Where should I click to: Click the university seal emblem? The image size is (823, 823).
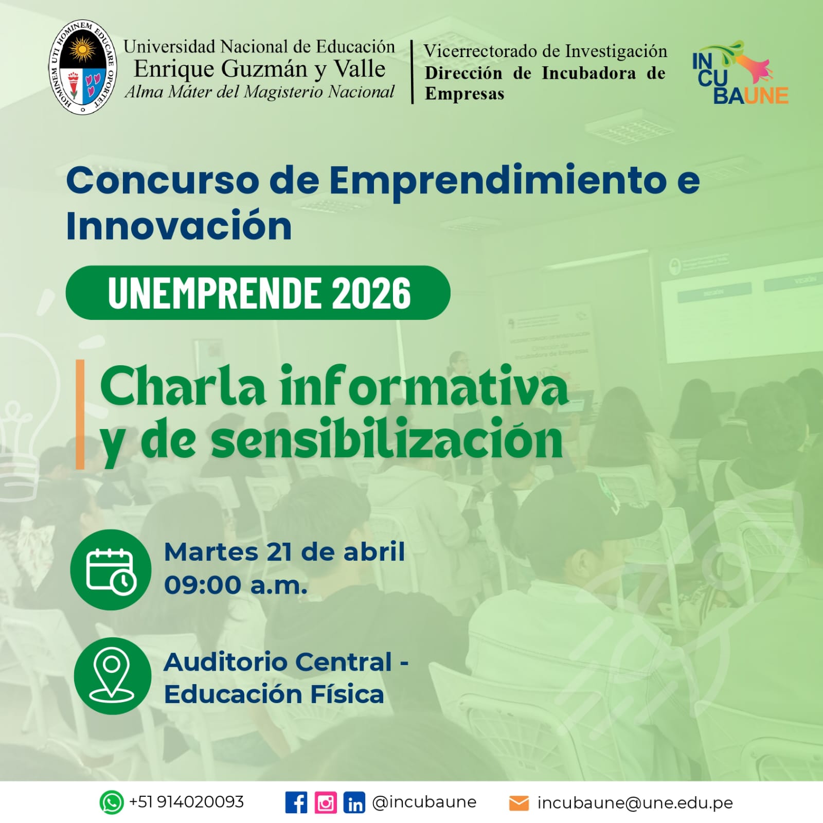pyautogui.click(x=83, y=67)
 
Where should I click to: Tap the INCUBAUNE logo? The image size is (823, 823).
pyautogui.click(x=740, y=73)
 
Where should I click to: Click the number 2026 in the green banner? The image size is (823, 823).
pyautogui.click(x=371, y=293)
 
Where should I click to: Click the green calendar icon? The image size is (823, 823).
pyautogui.click(x=111, y=570)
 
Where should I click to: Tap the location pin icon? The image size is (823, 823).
pyautogui.click(x=112, y=676)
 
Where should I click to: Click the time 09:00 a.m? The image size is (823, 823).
pyautogui.click(x=236, y=585)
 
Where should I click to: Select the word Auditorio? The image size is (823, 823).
pyautogui.click(x=226, y=662)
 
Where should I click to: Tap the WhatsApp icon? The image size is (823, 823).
pyautogui.click(x=112, y=802)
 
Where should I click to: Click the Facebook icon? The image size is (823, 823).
pyautogui.click(x=296, y=802)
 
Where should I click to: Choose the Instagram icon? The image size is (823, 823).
pyautogui.click(x=326, y=802)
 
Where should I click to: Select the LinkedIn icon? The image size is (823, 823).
pyautogui.click(x=354, y=802)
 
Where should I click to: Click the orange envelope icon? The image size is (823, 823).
pyautogui.click(x=519, y=803)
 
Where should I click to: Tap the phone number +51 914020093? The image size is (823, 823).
pyautogui.click(x=186, y=802)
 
